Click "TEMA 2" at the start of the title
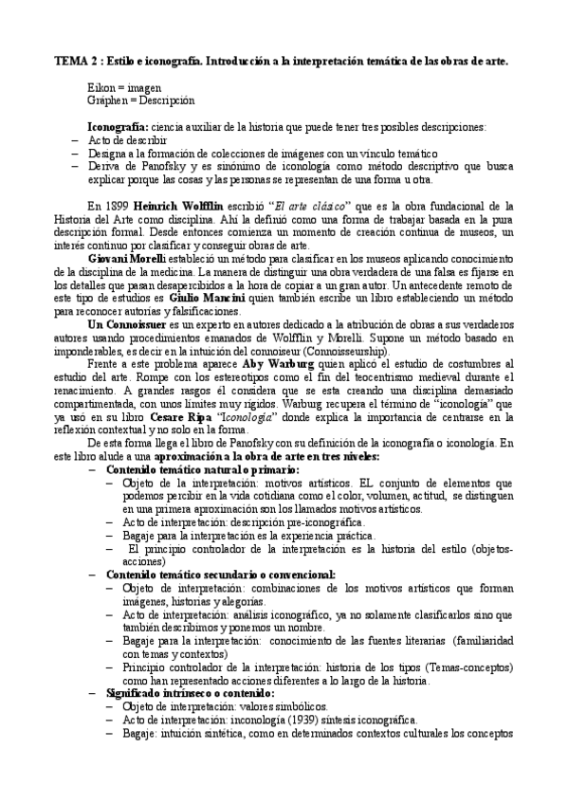(73, 61)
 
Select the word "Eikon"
(100, 86)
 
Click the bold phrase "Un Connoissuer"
(128, 324)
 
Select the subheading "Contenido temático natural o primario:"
(202, 469)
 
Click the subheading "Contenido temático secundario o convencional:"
(220, 574)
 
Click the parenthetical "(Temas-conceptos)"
(430, 667)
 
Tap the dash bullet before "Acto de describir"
(75, 139)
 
